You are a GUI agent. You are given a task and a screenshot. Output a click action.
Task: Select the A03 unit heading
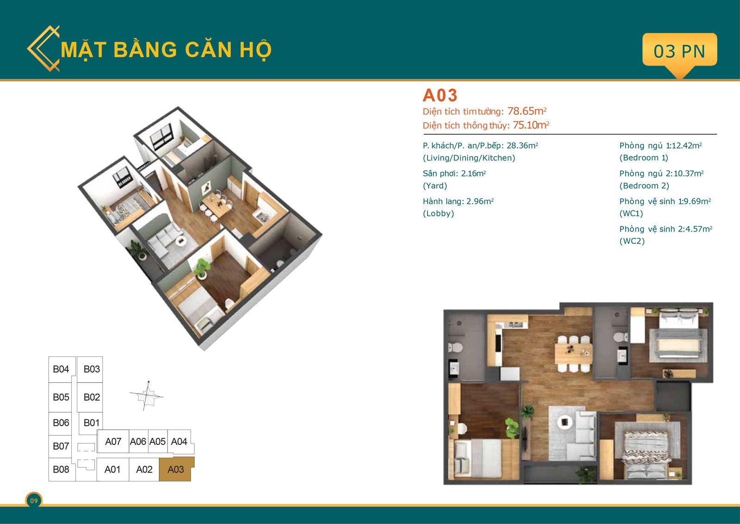[x=440, y=95]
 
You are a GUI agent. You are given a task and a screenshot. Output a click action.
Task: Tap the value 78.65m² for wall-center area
[x=527, y=111]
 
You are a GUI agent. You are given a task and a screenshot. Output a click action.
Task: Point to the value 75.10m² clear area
[x=531, y=125]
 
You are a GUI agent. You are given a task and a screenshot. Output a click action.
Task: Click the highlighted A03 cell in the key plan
[x=176, y=469]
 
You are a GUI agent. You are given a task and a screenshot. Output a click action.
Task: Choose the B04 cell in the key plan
[x=62, y=369]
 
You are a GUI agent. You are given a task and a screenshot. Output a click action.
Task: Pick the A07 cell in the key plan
[x=113, y=441]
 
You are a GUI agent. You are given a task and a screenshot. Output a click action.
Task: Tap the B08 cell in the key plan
[x=61, y=469]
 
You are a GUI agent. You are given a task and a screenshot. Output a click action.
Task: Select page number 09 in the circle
[x=34, y=500]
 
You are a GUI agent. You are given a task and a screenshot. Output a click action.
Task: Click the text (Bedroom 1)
[x=643, y=158]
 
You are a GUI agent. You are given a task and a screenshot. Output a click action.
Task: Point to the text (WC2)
[x=632, y=241]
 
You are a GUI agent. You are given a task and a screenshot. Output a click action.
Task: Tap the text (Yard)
[x=435, y=186]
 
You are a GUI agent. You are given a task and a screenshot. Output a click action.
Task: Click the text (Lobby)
[x=438, y=213]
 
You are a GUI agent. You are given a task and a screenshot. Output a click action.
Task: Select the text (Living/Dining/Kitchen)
[x=469, y=158]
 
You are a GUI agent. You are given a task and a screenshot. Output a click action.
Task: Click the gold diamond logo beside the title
[x=43, y=49]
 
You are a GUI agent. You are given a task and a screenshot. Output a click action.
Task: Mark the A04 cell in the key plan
[x=179, y=441]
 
